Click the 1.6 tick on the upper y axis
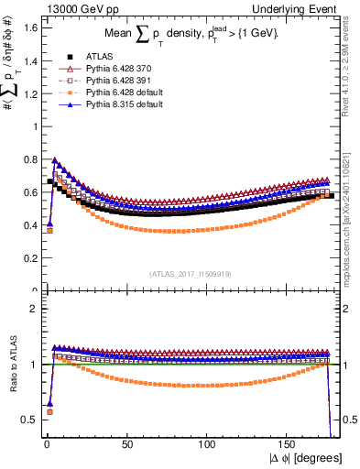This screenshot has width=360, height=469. [x=29, y=27]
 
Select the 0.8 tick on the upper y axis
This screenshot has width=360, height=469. [x=29, y=159]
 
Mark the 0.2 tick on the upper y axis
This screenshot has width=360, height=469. [x=29, y=258]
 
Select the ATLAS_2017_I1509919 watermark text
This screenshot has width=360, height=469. [x=189, y=274]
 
